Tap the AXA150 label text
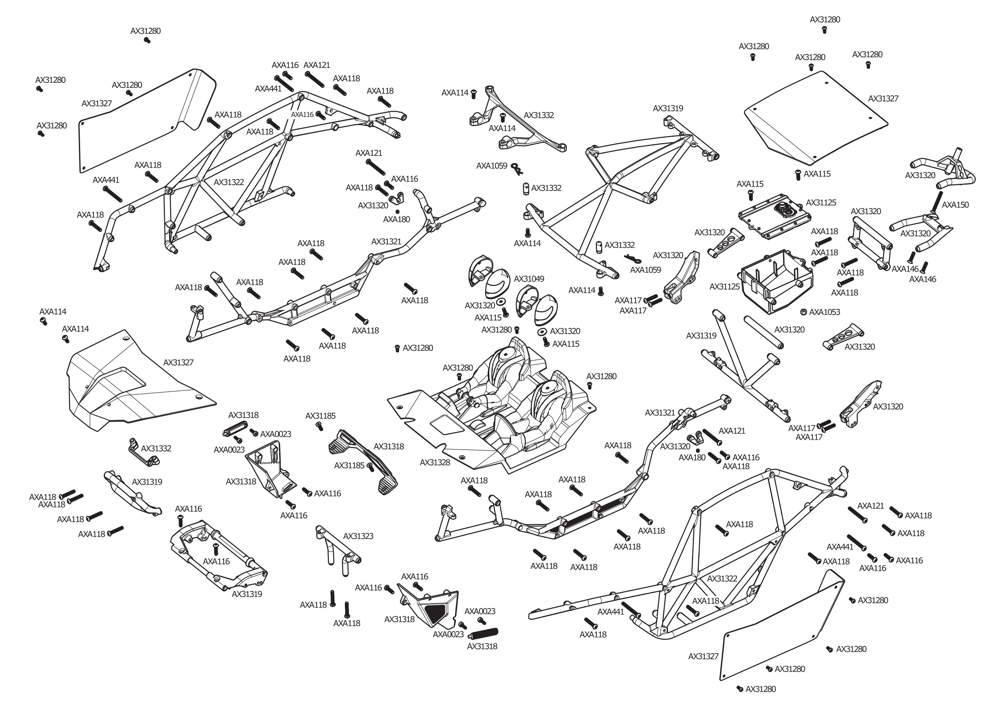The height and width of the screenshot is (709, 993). (955, 205)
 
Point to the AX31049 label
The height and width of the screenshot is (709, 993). (529, 279)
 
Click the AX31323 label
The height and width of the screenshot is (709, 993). (358, 536)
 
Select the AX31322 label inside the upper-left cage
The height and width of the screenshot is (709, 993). (229, 182)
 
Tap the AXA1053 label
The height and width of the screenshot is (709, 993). (824, 312)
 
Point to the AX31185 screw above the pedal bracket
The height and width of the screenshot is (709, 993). (320, 427)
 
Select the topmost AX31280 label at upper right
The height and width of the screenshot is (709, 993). (825, 20)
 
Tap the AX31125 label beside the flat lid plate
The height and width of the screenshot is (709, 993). (821, 203)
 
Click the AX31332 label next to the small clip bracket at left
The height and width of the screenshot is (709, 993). (156, 448)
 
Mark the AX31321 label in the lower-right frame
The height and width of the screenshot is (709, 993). (660, 412)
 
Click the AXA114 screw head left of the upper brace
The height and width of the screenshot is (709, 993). (474, 93)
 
